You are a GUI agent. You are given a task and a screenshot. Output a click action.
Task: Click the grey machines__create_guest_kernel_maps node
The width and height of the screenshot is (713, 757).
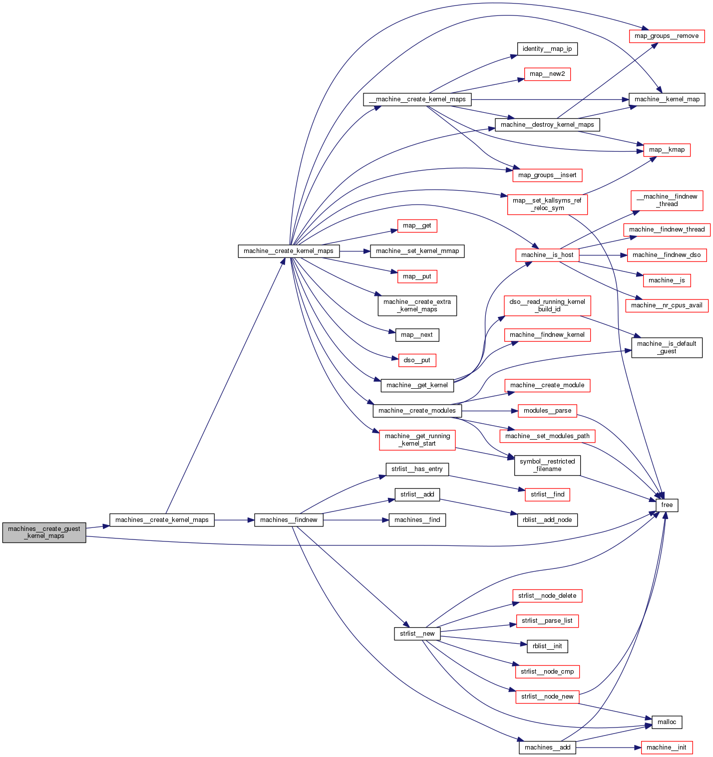point(44,532)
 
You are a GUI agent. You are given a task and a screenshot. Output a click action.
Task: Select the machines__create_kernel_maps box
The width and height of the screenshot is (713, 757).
point(162,520)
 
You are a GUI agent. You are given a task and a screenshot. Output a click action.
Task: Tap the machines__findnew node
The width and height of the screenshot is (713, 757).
point(289,520)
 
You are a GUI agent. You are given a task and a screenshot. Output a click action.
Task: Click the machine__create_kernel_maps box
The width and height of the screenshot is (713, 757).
point(289,251)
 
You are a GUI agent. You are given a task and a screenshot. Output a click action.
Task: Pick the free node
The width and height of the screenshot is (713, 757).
point(667,505)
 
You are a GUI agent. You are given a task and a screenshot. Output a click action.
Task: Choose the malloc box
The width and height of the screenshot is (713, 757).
point(667,722)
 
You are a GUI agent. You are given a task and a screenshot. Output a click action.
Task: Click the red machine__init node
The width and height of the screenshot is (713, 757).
point(666,748)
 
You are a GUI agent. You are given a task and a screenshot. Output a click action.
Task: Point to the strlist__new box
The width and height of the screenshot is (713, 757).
point(417,634)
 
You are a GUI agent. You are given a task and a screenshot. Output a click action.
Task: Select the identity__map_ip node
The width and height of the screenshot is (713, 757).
point(547,49)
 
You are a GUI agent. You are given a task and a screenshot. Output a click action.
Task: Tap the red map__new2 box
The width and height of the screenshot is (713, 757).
point(547,74)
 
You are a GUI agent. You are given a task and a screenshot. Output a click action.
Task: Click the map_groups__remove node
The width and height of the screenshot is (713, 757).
point(666,36)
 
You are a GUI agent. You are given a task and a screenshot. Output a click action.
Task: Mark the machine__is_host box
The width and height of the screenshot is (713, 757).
point(547,255)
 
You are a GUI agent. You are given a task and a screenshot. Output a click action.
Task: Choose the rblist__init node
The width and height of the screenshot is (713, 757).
point(547,646)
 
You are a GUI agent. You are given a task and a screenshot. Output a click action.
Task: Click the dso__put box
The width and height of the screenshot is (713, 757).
point(417,360)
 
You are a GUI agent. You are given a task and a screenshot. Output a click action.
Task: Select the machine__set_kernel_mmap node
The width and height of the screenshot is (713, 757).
point(417,251)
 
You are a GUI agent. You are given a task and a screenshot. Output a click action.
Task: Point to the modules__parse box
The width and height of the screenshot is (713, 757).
point(547,411)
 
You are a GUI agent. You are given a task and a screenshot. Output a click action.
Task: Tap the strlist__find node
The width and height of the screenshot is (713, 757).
point(547,495)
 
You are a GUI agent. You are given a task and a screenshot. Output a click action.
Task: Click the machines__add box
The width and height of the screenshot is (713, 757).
point(547,748)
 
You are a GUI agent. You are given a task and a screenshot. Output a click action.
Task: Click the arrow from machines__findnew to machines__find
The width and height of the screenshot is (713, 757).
point(356,520)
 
